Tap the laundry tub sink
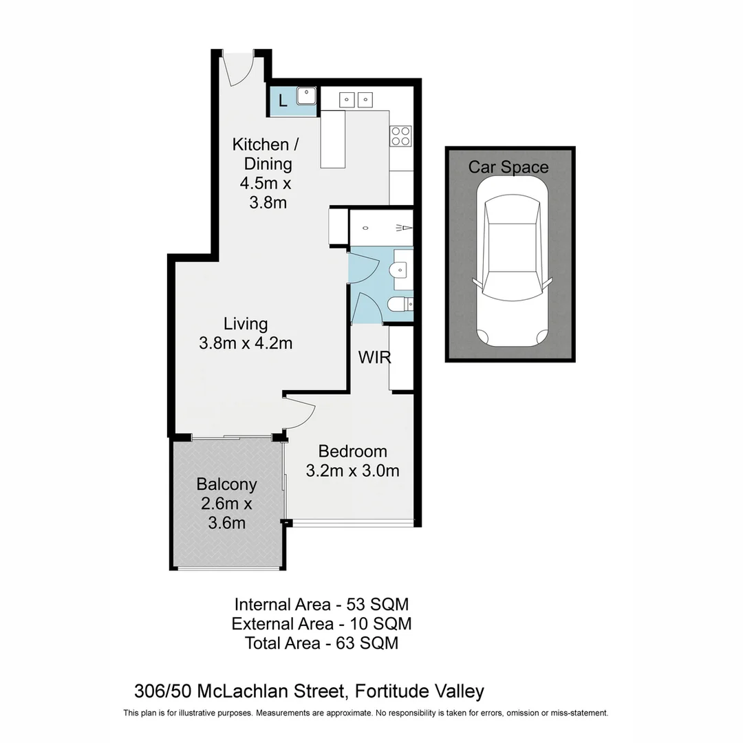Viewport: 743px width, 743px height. click(x=305, y=96)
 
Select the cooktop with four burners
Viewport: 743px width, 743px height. click(x=400, y=136)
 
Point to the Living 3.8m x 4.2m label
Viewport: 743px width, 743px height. click(x=246, y=333)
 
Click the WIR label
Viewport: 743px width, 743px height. click(x=374, y=358)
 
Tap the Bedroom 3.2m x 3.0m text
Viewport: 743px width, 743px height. click(x=352, y=462)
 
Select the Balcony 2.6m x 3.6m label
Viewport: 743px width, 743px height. click(x=226, y=503)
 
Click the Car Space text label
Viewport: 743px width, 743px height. click(x=508, y=167)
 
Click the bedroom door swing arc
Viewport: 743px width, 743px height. click(x=301, y=412)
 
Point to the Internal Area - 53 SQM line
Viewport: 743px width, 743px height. click(x=321, y=605)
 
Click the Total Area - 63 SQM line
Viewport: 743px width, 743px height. click(x=321, y=644)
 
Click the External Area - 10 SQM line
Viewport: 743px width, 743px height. click(x=321, y=624)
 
